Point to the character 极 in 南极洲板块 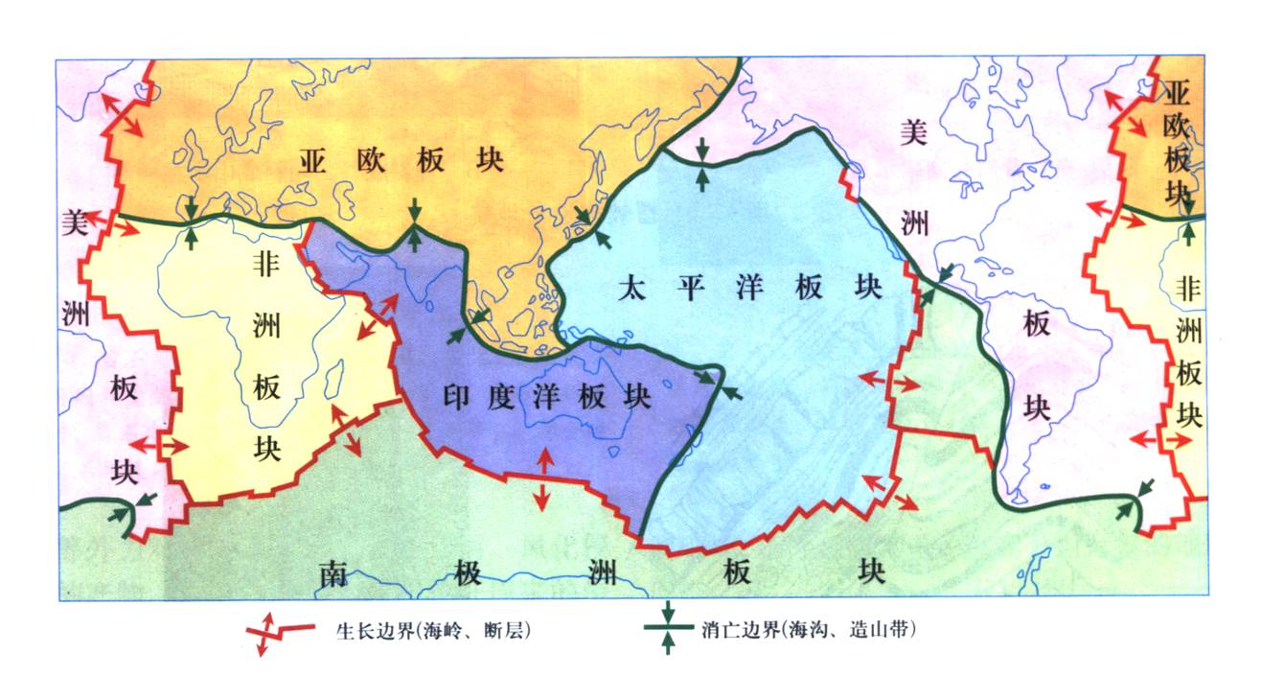pyautogui.click(x=467, y=572)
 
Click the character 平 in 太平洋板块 pyautogui.click(x=687, y=287)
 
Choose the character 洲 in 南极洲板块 pyautogui.click(x=602, y=572)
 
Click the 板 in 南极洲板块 pyautogui.click(x=736, y=572)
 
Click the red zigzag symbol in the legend pyautogui.click(x=278, y=632)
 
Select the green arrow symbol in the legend pyautogui.click(x=669, y=629)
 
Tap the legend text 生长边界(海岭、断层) pyautogui.click(x=433, y=631)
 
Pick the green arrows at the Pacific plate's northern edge pyautogui.click(x=703, y=164)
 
